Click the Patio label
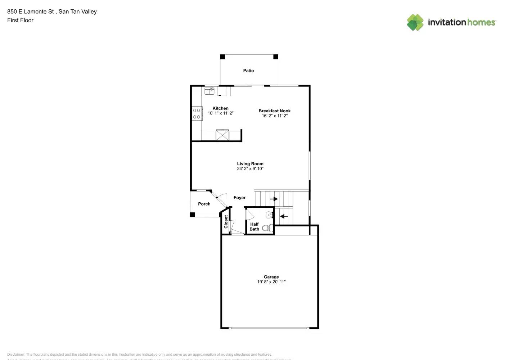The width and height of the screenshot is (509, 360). click(248, 71)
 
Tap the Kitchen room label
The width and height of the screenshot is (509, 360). click(220, 108)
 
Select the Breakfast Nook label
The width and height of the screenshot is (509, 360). click(274, 111)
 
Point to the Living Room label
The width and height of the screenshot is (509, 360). click(250, 163)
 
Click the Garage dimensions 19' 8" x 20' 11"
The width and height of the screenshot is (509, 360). click(271, 282)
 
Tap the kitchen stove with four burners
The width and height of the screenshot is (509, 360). click(197, 113)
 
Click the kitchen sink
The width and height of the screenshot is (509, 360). click(209, 91)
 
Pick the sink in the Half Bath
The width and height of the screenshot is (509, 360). click(270, 215)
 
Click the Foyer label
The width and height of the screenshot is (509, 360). click(239, 198)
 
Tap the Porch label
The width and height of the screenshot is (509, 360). click(204, 204)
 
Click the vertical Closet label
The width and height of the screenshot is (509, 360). click(226, 222)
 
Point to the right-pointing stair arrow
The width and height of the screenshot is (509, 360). click(274, 199)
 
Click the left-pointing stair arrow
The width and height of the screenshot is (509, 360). click(284, 216)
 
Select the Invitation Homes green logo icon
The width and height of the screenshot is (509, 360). click(415, 22)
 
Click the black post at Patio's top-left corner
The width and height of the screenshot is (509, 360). click(222, 57)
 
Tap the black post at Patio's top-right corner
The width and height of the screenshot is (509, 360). click(276, 57)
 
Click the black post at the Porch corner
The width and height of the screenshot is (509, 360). click(193, 215)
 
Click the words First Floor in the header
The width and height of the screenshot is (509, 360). click(20, 20)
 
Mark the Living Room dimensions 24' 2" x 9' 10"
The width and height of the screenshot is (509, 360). click(250, 168)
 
